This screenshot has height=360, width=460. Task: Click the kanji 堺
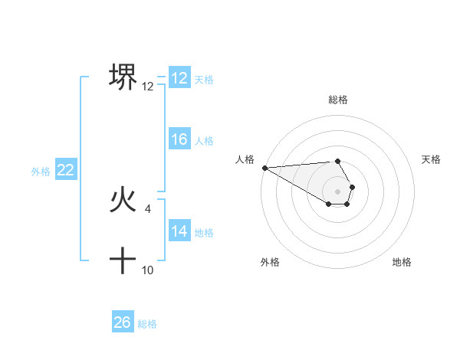[x=123, y=77]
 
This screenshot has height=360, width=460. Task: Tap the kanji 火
[x=123, y=201]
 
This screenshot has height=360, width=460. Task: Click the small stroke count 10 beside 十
[x=148, y=270]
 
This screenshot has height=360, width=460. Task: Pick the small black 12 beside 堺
[x=148, y=87]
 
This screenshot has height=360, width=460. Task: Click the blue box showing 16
[x=179, y=139]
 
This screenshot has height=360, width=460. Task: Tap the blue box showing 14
[x=179, y=231]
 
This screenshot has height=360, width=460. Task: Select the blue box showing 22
[x=65, y=171]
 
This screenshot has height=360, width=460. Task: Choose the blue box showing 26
[x=122, y=322]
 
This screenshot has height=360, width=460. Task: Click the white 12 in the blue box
[x=179, y=78]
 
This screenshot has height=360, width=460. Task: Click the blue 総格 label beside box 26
[x=147, y=324]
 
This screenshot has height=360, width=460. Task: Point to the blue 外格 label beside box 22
[x=41, y=172]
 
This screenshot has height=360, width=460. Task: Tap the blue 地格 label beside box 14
[x=204, y=232]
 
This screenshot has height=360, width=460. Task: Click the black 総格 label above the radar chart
[x=337, y=100]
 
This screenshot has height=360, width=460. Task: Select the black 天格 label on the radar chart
[x=431, y=159]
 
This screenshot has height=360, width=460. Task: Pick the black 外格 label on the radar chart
[x=270, y=262]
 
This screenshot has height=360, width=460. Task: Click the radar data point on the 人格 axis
[x=264, y=168]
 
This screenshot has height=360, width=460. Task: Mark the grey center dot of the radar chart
[x=337, y=191]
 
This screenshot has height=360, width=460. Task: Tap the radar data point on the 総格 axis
[x=337, y=161]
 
